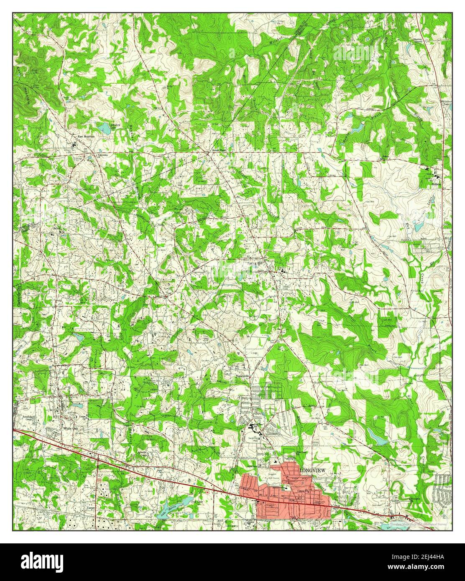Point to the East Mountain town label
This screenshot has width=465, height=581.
86,136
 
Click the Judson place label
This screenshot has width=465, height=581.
436,183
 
